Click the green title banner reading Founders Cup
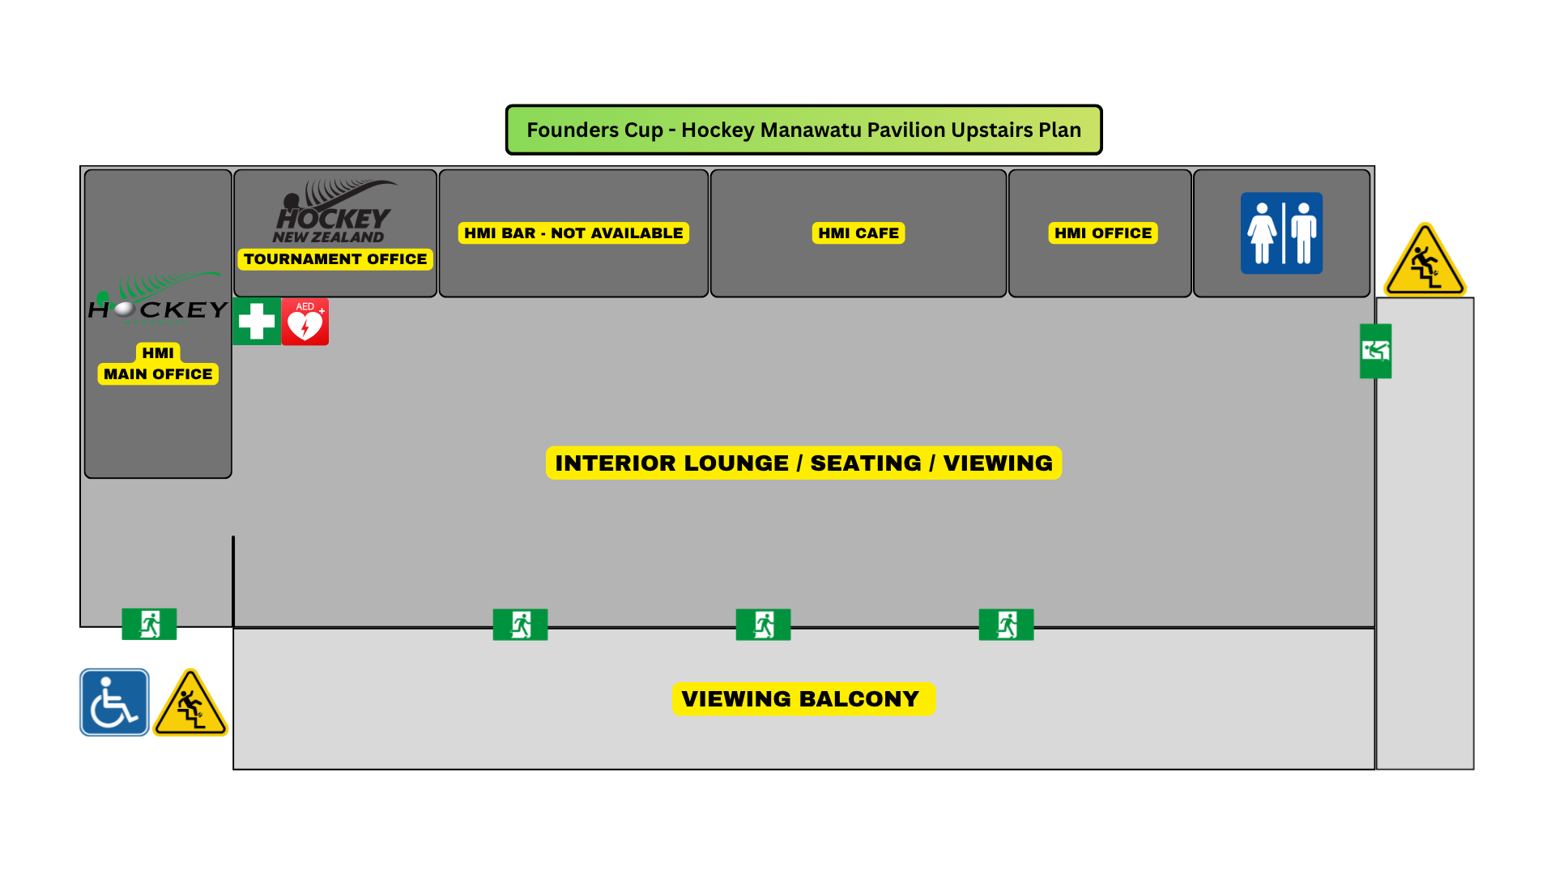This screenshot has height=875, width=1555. (803, 130)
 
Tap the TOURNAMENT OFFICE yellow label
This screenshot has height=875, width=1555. (335, 259)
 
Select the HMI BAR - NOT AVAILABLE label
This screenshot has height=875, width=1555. (573, 233)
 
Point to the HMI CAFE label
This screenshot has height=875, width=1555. (858, 233)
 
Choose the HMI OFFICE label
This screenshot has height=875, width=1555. (1103, 233)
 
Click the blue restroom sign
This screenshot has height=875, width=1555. (1281, 233)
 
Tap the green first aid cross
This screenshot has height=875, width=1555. (257, 322)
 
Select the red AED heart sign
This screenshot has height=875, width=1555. (305, 322)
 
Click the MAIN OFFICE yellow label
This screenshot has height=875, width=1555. (158, 374)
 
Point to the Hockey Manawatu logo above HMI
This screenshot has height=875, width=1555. (158, 298)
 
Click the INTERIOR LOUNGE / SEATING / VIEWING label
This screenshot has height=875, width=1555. (803, 463)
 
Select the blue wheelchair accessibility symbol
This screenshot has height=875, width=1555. (114, 702)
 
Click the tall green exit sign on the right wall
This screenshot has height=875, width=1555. (1375, 352)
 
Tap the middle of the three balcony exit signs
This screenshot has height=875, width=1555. (763, 625)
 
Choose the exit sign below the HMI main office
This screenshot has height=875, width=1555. (149, 625)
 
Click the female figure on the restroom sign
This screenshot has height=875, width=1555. (1262, 234)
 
